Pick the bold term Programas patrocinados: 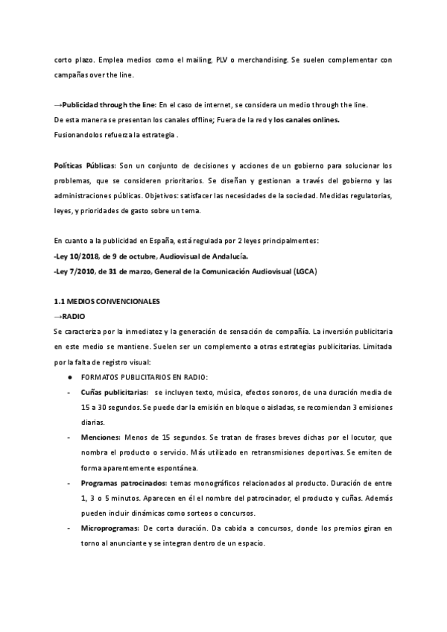(x=124, y=483)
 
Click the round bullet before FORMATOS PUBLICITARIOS (x=69, y=376)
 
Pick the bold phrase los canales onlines (x=307, y=119)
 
